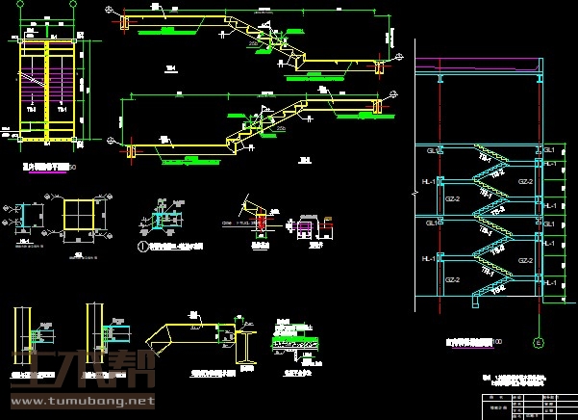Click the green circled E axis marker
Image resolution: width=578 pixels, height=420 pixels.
538,342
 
